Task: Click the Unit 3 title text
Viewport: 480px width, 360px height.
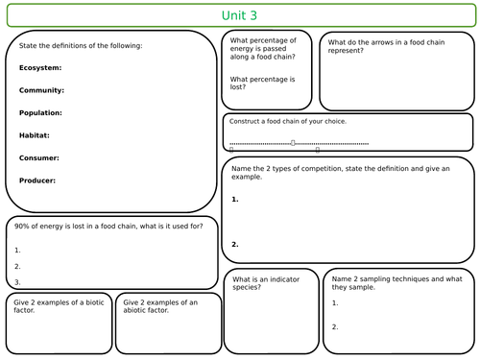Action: (x=239, y=16)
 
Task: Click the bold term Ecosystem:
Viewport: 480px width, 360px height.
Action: (x=40, y=68)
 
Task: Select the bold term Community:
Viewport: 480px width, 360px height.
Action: (x=41, y=90)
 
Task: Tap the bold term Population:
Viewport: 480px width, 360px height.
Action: (x=41, y=112)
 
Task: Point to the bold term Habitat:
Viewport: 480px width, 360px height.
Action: (x=35, y=135)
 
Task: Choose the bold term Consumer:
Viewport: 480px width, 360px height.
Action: (x=39, y=157)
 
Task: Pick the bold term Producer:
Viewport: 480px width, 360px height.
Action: (x=37, y=180)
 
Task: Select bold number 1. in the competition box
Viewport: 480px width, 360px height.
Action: (x=235, y=200)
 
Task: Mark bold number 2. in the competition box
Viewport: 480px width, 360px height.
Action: (x=235, y=244)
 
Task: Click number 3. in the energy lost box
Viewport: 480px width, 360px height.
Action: (x=17, y=282)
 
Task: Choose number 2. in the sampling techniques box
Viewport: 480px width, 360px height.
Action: (x=335, y=326)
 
